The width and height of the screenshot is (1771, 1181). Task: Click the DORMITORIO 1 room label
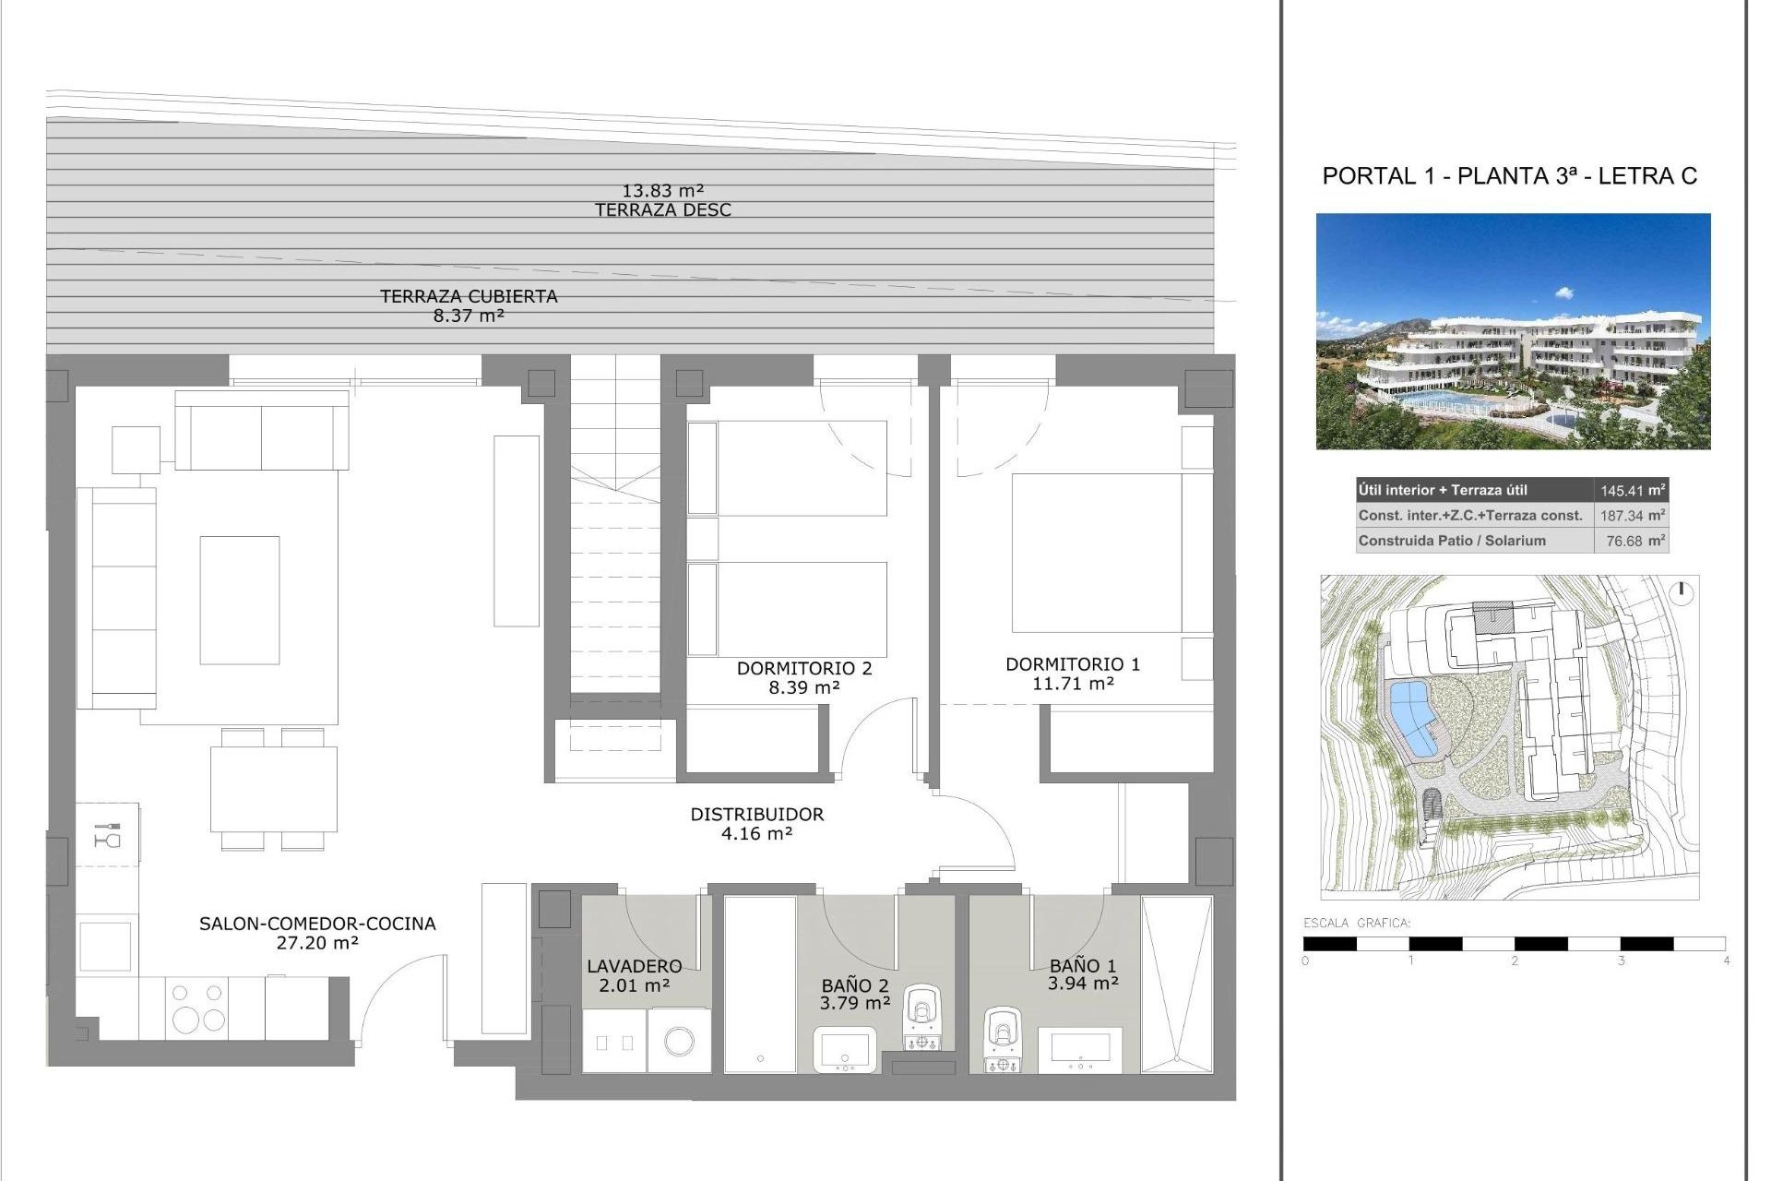tap(1073, 664)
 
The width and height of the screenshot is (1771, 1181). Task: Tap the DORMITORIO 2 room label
tap(803, 668)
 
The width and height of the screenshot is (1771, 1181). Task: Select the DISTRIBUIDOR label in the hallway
tap(756, 815)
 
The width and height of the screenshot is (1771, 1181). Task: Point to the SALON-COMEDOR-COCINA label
tap(317, 924)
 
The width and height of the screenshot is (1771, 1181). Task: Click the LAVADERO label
tap(635, 966)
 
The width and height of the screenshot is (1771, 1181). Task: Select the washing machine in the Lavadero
tap(680, 1041)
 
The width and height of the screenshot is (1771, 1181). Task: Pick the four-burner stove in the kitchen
tap(197, 1008)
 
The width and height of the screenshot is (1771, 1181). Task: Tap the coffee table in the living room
tap(240, 600)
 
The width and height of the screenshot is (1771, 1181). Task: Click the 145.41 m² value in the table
tap(1632, 491)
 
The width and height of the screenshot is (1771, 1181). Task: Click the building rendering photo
tap(1513, 332)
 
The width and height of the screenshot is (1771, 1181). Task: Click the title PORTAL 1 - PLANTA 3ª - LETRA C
tap(1509, 176)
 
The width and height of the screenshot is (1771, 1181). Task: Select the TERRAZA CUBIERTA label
tap(469, 297)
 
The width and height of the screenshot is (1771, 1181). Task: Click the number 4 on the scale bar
tap(1726, 960)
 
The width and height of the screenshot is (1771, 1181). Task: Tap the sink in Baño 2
tap(843, 1050)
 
